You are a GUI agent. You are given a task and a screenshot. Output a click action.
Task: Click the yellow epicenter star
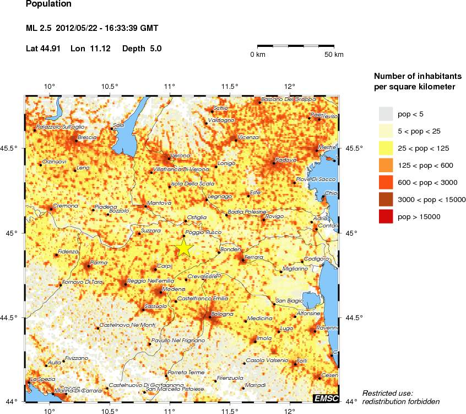point(183,248)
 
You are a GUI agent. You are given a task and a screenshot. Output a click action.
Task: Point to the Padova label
point(286,160)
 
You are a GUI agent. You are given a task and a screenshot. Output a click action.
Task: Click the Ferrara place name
point(254,258)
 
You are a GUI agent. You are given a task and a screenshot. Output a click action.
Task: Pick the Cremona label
point(66,206)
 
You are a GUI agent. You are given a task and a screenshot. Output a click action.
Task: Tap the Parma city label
point(98,263)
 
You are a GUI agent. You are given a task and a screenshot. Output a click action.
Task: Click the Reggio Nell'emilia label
point(148,282)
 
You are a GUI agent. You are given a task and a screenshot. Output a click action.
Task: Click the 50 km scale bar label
point(334,55)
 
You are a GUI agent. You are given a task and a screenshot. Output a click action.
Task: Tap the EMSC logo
point(326,398)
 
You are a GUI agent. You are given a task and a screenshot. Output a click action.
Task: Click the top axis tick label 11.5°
point(230,86)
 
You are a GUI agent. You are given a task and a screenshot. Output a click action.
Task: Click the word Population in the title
point(48,4)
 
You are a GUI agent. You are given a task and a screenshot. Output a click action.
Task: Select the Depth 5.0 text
point(142,49)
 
